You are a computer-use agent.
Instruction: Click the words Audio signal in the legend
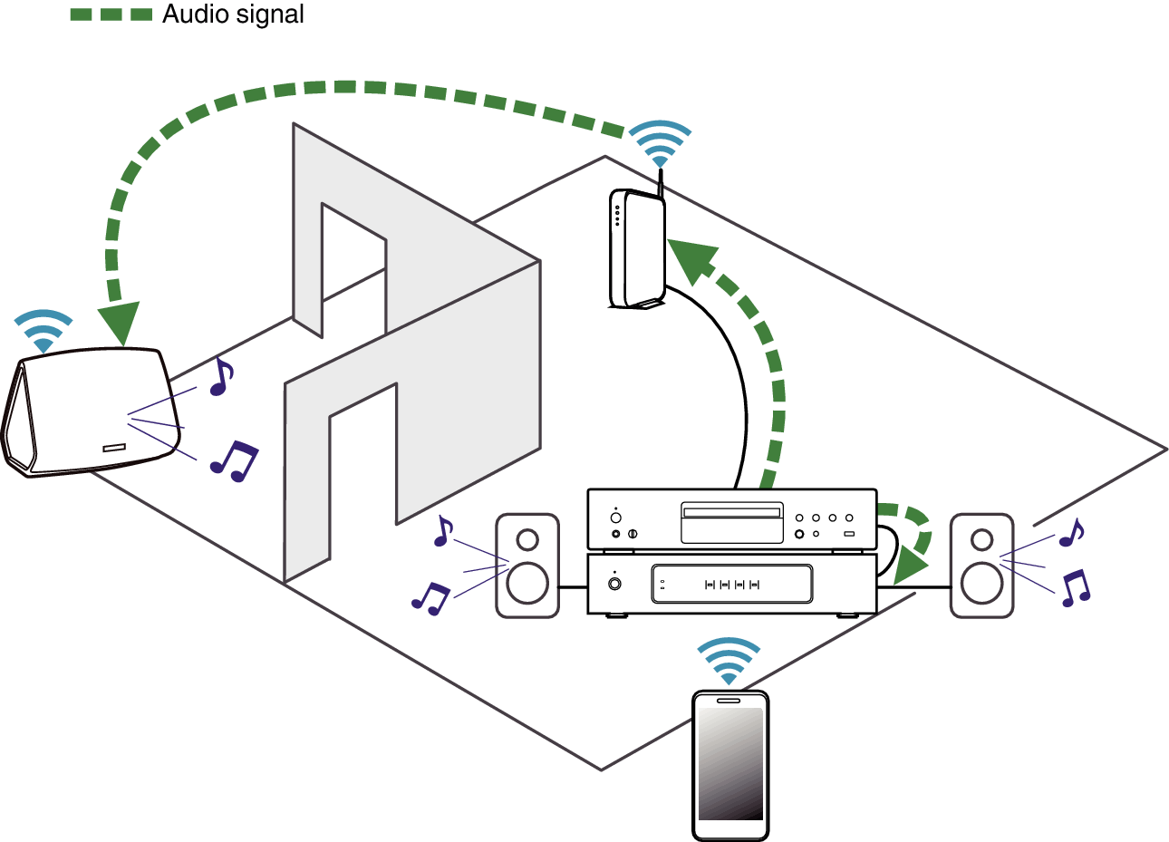point(233,15)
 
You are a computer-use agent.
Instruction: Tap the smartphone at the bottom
point(730,765)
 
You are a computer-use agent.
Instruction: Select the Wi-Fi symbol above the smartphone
point(729,661)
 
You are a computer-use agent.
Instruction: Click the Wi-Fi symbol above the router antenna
point(661,144)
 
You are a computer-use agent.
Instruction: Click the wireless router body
point(637,248)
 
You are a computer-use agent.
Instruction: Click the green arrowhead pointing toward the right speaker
point(910,566)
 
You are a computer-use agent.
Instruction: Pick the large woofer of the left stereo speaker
point(527,583)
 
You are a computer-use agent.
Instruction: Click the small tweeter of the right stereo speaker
point(982,540)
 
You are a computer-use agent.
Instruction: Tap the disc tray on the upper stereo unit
point(732,523)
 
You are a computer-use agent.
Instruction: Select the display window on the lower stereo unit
point(732,584)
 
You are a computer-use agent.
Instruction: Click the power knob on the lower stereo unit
point(614,584)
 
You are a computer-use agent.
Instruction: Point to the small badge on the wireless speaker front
point(114,448)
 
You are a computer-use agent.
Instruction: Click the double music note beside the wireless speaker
point(235,461)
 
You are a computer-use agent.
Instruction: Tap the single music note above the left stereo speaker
point(444,531)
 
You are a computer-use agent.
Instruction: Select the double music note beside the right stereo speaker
point(1076,588)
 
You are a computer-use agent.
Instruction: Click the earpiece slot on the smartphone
point(729,701)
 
